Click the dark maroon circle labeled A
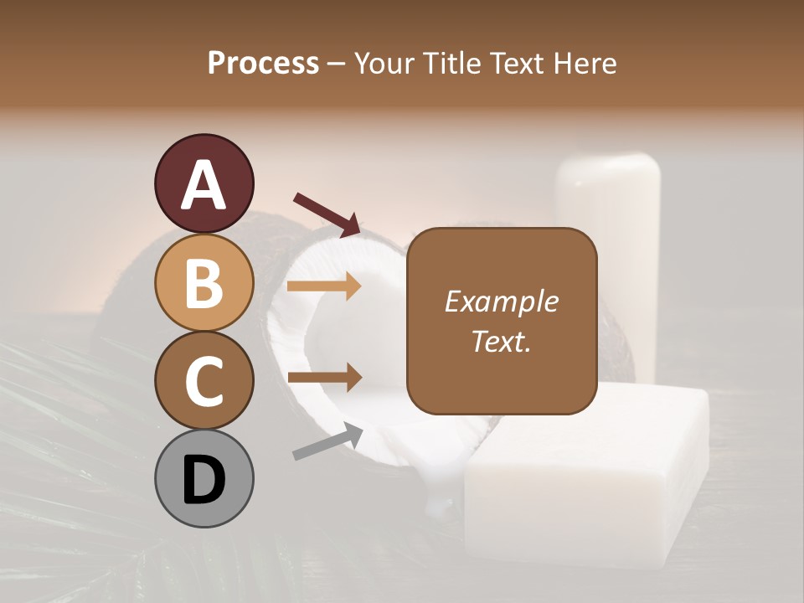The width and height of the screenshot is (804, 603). point(204,183)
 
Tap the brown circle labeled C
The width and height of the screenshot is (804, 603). point(204,380)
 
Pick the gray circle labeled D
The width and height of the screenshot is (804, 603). point(204,478)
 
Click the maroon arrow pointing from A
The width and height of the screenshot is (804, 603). point(327,214)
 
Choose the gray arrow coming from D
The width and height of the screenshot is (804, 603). point(327,441)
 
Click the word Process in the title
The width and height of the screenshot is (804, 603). point(263,63)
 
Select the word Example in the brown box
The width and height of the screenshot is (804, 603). point(501,301)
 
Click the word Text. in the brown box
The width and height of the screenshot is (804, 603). point(501,341)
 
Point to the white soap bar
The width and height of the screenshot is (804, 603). point(586,477)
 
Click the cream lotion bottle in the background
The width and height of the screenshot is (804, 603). point(610,226)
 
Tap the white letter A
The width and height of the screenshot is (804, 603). point(204,184)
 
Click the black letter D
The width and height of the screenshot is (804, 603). point(204,479)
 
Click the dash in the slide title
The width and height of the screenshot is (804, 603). point(336,64)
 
